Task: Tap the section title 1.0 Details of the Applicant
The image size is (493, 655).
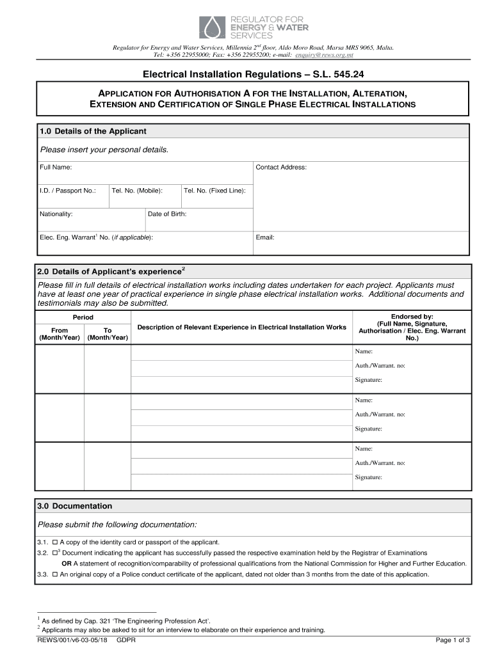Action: pyautogui.click(x=93, y=131)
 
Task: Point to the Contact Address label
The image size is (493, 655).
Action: pyautogui.click(x=281, y=168)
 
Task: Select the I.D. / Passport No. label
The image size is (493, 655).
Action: pyautogui.click(x=68, y=191)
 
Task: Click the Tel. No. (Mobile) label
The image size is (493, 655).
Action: pyautogui.click(x=137, y=191)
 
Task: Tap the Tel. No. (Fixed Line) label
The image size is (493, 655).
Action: pyautogui.click(x=214, y=191)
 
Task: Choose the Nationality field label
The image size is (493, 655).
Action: pyautogui.click(x=56, y=214)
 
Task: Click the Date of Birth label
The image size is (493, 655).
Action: pyautogui.click(x=167, y=214)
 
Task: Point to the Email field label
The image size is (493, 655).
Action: pyautogui.click(x=265, y=237)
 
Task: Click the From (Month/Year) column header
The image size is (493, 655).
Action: pyautogui.click(x=60, y=334)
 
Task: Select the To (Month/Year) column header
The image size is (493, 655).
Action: pyautogui.click(x=108, y=334)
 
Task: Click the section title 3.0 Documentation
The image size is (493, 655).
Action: pyautogui.click(x=75, y=506)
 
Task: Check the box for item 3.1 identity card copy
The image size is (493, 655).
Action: pyautogui.click(x=54, y=542)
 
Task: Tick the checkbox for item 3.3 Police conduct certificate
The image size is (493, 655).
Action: pyautogui.click(x=54, y=574)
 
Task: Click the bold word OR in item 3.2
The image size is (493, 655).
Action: pyautogui.click(x=66, y=564)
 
